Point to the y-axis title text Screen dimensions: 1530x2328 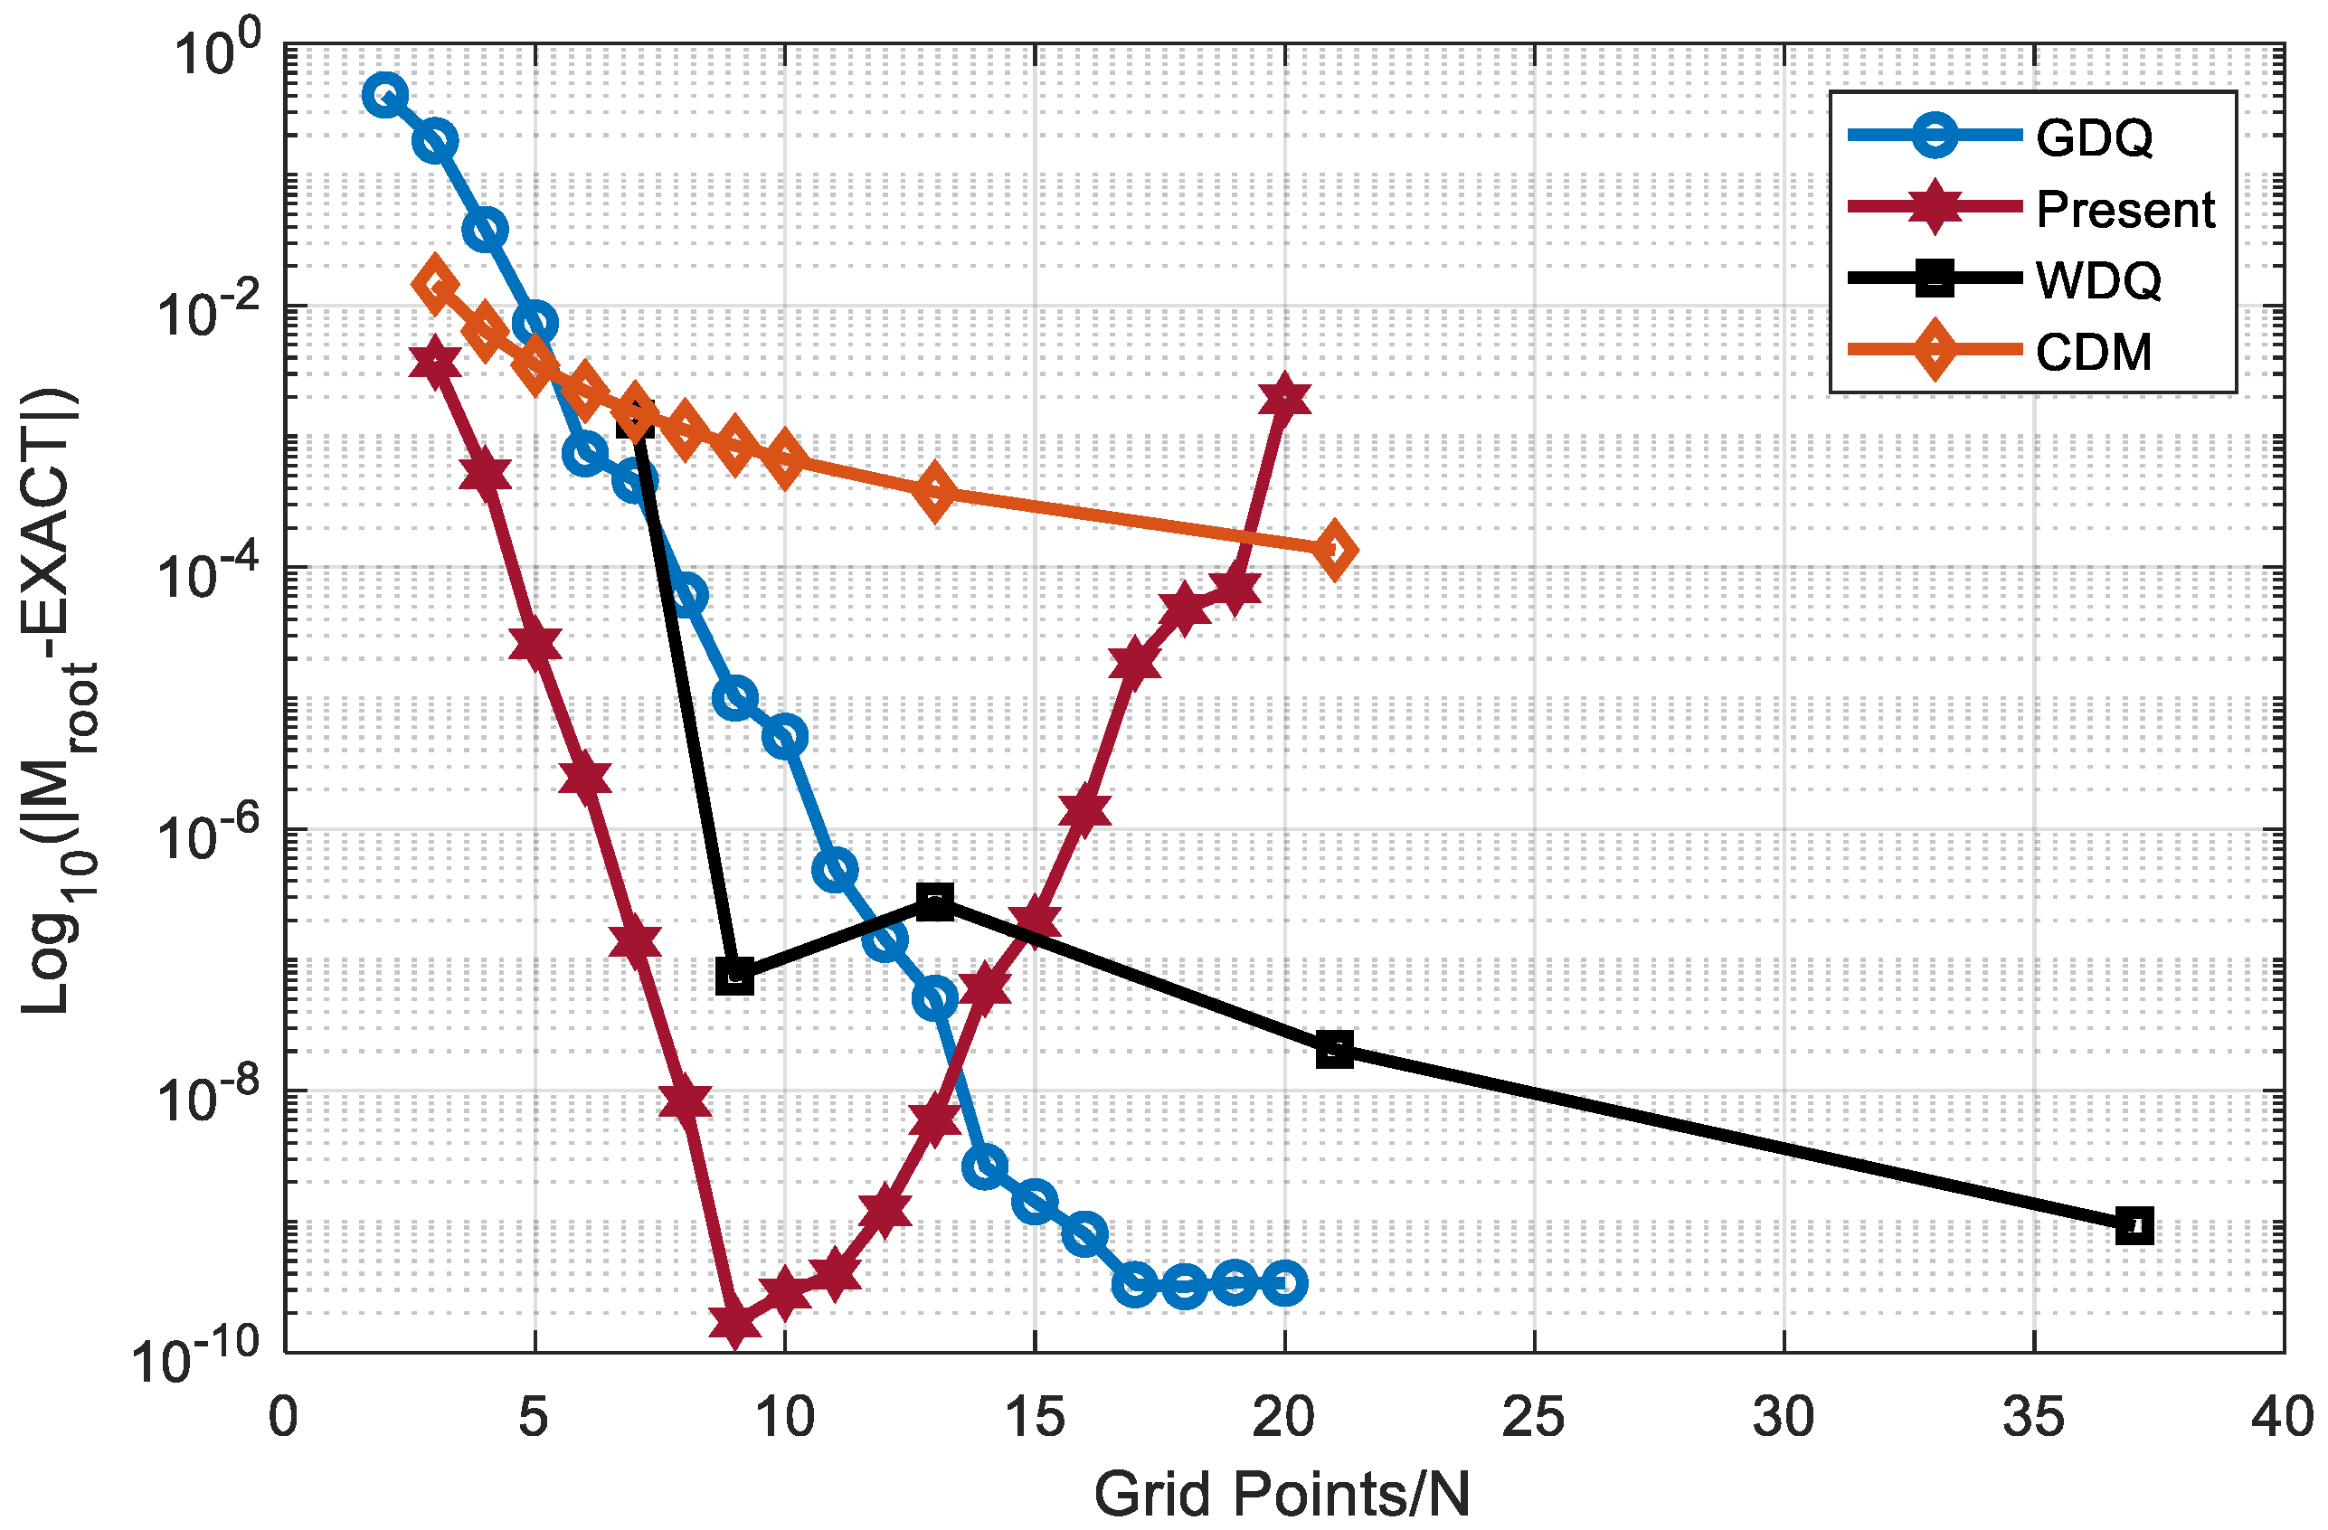click(59, 700)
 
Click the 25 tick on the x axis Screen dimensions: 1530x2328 click(1533, 1418)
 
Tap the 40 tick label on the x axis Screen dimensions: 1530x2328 click(2282, 1418)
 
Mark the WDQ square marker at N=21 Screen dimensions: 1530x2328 click(1334, 1051)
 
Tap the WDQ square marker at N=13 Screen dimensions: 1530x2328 click(935, 902)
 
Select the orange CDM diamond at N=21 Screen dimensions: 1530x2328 click(1334, 551)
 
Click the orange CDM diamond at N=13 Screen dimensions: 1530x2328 click(935, 492)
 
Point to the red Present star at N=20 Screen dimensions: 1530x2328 click(1284, 399)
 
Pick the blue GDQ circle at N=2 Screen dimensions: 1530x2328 click(385, 95)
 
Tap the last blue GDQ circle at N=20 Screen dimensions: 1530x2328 click(1284, 1282)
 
